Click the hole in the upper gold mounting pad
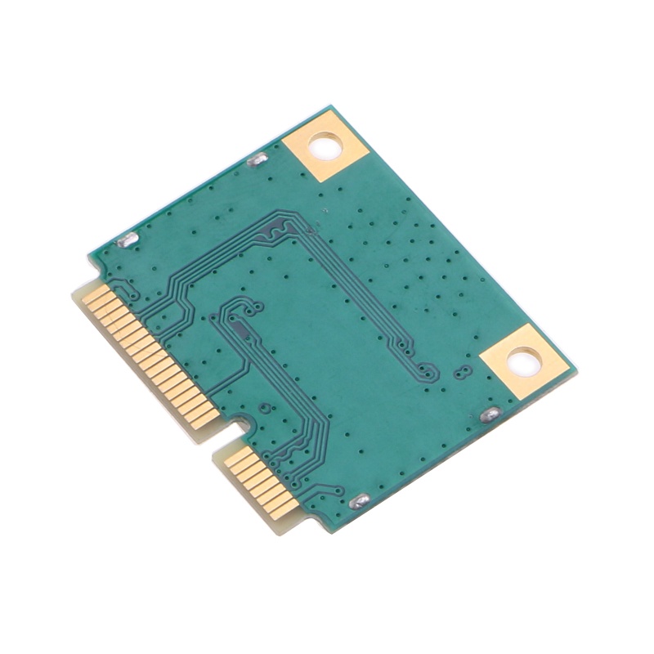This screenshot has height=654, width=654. (x=326, y=147)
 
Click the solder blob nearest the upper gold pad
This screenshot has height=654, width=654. (x=256, y=159)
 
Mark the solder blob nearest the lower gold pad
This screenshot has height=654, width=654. (x=489, y=414)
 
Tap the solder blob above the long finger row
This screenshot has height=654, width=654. (x=129, y=240)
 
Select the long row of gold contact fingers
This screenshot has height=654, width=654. (x=151, y=352)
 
